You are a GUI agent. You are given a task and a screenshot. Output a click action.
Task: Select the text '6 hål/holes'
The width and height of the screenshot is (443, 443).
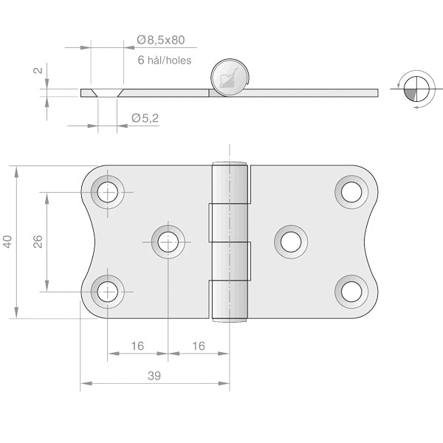pos(164,60)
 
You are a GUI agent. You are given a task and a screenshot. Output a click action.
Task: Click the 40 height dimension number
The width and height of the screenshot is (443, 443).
pos(8,241)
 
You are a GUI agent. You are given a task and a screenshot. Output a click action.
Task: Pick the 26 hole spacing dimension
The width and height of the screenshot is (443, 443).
pos(38,241)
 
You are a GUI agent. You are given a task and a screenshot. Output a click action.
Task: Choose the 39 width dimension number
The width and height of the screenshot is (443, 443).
pos(154,375)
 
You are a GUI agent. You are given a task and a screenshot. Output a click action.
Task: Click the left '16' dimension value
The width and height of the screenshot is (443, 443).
pos(137,345)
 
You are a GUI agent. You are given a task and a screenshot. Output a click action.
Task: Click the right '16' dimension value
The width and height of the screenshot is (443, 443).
pos(198,345)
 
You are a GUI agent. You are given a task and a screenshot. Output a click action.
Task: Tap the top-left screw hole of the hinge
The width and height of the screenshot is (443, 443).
pos(108,192)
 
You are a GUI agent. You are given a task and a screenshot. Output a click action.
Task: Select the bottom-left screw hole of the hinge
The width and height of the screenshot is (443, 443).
pos(108,291)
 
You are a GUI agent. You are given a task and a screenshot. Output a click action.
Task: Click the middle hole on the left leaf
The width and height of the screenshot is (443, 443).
pos(168,241)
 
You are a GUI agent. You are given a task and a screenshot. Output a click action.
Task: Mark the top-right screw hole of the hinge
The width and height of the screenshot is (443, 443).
pos(351,192)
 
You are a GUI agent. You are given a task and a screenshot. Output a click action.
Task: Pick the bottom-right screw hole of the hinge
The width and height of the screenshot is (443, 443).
pos(351,291)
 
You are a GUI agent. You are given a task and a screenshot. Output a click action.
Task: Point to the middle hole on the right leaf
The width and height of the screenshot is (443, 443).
pos(291,241)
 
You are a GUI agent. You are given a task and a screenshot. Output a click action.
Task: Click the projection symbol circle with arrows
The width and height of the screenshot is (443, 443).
pos(415,89)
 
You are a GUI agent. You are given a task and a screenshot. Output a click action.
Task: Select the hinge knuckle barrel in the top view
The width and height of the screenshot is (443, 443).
pos(230,241)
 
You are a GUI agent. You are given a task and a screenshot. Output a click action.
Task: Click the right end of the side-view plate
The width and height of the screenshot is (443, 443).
pos(375,93)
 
